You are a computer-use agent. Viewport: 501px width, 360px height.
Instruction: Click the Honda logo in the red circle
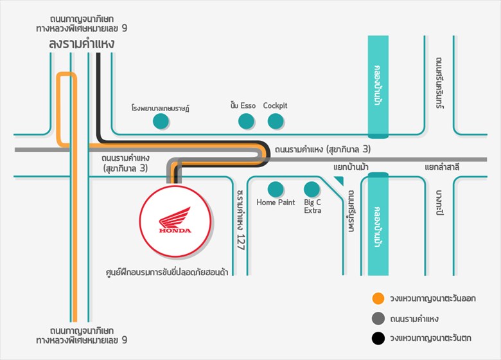[175, 221]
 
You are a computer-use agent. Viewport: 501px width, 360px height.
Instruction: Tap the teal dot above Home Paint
[276, 190]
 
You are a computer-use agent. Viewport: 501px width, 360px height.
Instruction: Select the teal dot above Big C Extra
[312, 190]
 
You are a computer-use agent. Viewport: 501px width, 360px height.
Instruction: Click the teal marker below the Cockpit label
[276, 121]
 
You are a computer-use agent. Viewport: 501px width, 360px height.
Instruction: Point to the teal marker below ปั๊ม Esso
[246, 121]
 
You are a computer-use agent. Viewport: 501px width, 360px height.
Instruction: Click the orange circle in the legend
[378, 299]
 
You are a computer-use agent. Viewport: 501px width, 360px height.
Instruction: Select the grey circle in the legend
[378, 318]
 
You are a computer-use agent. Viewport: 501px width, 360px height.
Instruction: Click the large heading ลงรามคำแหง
[82, 44]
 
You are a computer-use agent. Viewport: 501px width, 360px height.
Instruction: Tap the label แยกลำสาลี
[443, 167]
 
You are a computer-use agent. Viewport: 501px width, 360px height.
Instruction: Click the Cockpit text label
[276, 105]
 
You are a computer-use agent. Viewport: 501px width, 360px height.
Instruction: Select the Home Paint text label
[276, 203]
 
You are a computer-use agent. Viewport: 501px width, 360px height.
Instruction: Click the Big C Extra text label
[313, 206]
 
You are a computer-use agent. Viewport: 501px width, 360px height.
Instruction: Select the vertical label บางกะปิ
[439, 203]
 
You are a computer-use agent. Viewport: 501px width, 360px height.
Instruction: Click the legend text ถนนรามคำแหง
[416, 319]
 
